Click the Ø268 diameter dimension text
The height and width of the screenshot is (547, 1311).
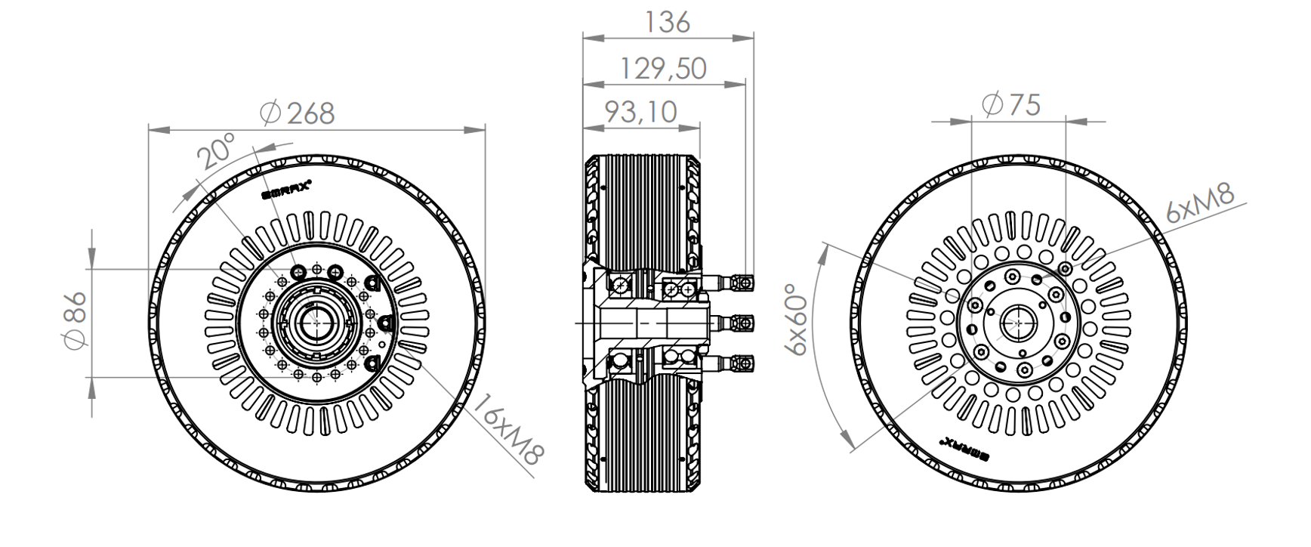297,113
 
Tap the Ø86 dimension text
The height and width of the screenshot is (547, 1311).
76,320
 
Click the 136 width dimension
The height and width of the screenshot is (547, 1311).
668,22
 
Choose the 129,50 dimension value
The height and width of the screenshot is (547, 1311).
664,68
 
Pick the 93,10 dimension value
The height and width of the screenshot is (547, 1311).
641,112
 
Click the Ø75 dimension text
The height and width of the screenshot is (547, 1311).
1012,105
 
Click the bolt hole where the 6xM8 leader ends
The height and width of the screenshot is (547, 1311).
1066,268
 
